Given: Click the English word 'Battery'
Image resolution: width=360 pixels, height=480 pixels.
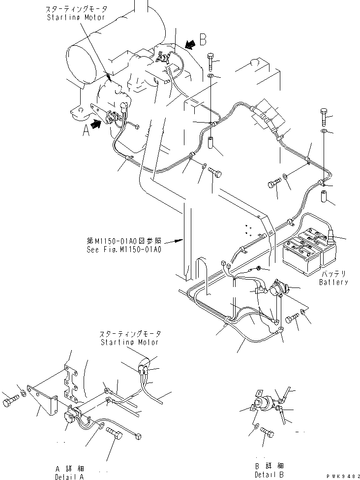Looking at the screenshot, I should click(x=333, y=282).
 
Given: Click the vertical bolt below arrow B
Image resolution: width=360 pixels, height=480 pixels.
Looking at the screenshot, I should click(x=210, y=61).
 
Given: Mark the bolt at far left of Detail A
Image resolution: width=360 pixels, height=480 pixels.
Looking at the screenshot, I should click(x=10, y=402).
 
